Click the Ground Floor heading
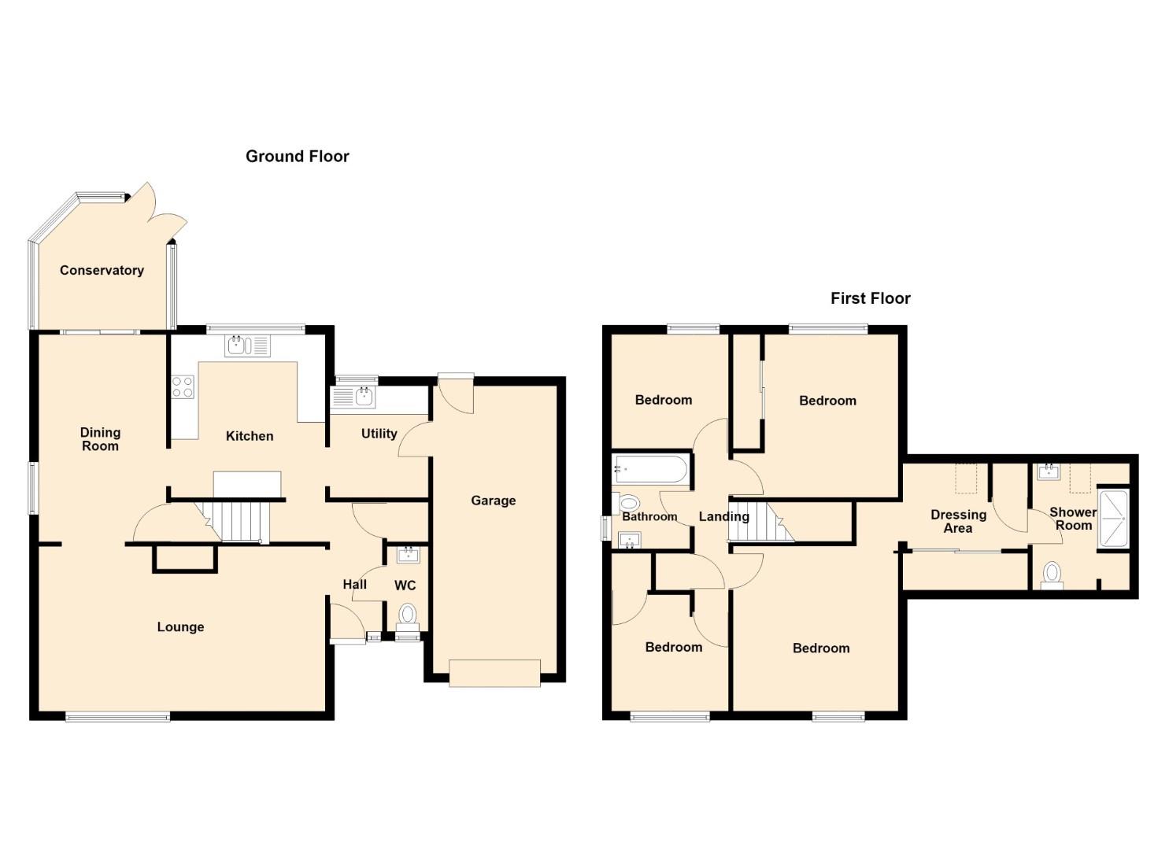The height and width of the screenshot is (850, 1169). point(297,157)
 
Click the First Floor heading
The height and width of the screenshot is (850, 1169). point(870,298)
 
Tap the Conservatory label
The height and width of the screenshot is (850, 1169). point(102,270)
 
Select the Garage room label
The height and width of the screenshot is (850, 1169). point(493,501)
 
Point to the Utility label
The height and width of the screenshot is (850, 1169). point(379,434)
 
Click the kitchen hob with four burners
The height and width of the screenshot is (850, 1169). point(183,386)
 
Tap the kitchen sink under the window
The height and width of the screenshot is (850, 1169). point(247,346)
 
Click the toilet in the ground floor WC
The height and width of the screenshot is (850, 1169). point(408,615)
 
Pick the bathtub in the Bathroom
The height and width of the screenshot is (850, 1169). point(651,469)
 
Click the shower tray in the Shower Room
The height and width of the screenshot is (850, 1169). point(1113,519)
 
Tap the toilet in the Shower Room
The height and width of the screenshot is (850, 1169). point(1052,575)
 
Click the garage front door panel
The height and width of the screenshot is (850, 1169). point(494,673)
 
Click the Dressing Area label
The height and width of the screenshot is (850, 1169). point(958,522)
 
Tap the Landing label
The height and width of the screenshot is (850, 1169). point(724,516)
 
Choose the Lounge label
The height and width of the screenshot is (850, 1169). point(180,626)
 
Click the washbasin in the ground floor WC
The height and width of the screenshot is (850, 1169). point(408,555)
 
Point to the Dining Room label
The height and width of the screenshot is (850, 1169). point(100,439)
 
